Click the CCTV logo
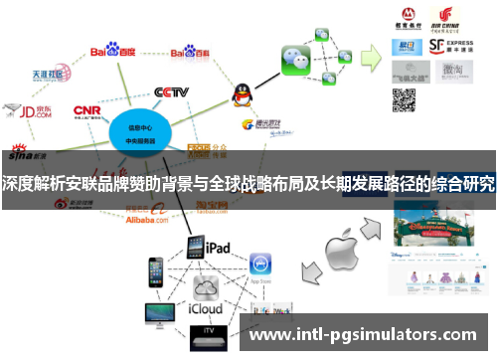click(171, 92)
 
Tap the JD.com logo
click(27, 110)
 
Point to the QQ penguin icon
click(242, 95)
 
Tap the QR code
click(404, 99)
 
